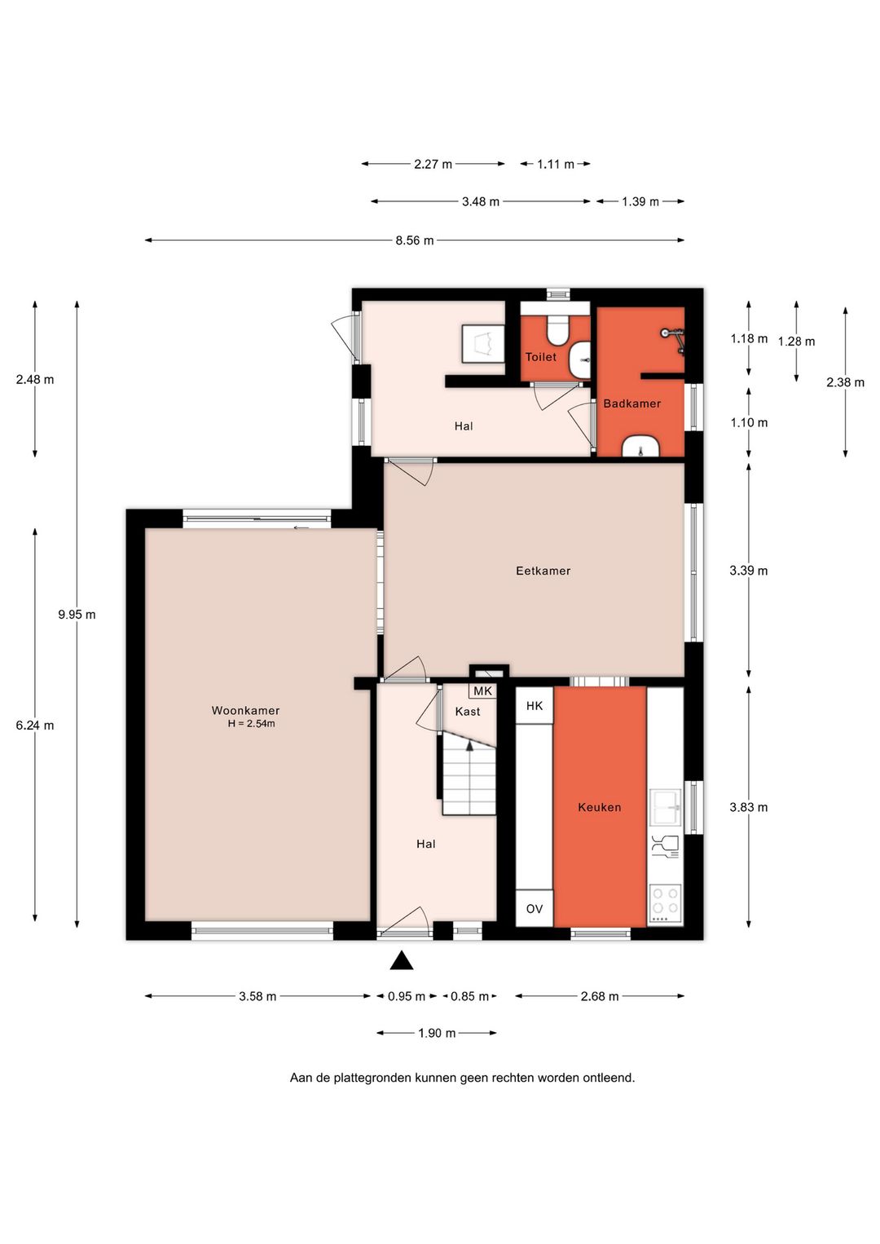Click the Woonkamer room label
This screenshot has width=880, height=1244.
pyautogui.click(x=245, y=710)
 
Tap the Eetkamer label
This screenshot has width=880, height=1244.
pyautogui.click(x=543, y=571)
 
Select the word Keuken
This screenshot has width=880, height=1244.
pyautogui.click(x=599, y=807)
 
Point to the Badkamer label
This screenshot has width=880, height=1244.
pyautogui.click(x=631, y=404)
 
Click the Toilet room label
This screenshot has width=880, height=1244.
pyautogui.click(x=541, y=356)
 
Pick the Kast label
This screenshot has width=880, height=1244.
pyautogui.click(x=468, y=712)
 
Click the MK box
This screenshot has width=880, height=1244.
pyautogui.click(x=482, y=690)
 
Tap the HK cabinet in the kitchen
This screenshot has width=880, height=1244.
pyautogui.click(x=534, y=706)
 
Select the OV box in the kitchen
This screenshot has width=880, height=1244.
pyautogui.click(x=534, y=909)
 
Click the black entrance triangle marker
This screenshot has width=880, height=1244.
pyautogui.click(x=402, y=961)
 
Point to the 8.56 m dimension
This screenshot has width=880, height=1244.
pyautogui.click(x=415, y=240)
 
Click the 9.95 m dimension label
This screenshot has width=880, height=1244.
pyautogui.click(x=77, y=614)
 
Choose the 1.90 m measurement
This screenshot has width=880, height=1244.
pyautogui.click(x=437, y=1033)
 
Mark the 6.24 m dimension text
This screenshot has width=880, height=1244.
pyautogui.click(x=35, y=726)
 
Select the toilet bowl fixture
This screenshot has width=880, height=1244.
pyautogui.click(x=557, y=330)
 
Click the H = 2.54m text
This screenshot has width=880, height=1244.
pyautogui.click(x=252, y=724)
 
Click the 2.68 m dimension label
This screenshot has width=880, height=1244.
pyautogui.click(x=600, y=996)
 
